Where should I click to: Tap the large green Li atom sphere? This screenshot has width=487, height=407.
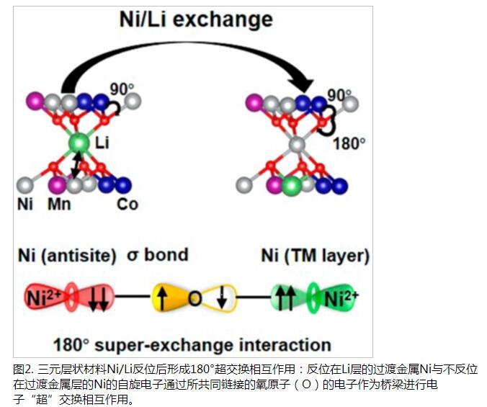(x=79, y=144)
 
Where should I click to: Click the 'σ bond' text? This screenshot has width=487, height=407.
(x=158, y=254)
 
